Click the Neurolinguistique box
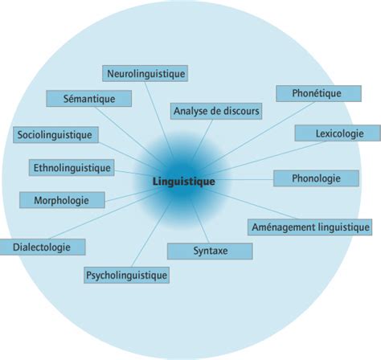click(x=145, y=73)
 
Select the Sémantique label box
click(x=89, y=99)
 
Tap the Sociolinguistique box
click(x=55, y=134)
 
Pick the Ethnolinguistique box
click(x=72, y=168)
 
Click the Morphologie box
click(x=62, y=200)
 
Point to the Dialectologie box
click(x=43, y=247)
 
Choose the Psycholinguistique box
click(x=126, y=275)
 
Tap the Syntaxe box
click(x=210, y=251)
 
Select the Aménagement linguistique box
click(x=309, y=227)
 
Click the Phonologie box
click(x=316, y=178)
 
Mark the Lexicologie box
click(x=338, y=133)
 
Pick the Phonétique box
click(x=318, y=93)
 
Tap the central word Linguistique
click(x=184, y=182)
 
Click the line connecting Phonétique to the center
click(x=256, y=137)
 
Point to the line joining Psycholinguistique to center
click(x=152, y=233)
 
